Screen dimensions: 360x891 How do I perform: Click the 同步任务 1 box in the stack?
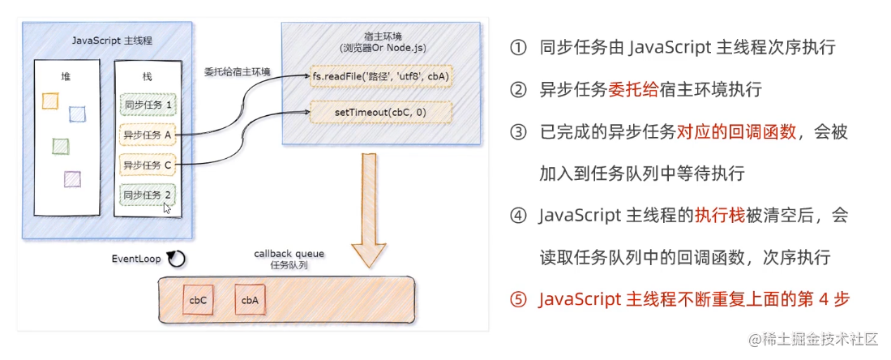(147, 105)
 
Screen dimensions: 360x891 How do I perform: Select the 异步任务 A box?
(147, 135)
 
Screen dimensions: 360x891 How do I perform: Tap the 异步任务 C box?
(147, 165)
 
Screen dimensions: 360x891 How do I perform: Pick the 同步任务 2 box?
(147, 195)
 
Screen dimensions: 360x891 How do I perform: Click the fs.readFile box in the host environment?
(381, 75)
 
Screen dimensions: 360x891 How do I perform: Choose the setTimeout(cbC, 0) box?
(381, 111)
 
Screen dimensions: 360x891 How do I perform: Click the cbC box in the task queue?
(198, 299)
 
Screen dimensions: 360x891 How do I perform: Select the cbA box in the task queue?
(250, 299)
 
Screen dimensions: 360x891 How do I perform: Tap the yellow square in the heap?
(49, 100)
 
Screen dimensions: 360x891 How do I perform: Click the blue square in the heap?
(77, 114)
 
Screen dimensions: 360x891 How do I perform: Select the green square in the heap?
(60, 146)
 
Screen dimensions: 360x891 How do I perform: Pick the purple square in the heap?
(72, 178)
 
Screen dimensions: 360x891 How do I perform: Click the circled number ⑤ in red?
(518, 299)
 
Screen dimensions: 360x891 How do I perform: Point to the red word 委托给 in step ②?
(635, 89)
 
